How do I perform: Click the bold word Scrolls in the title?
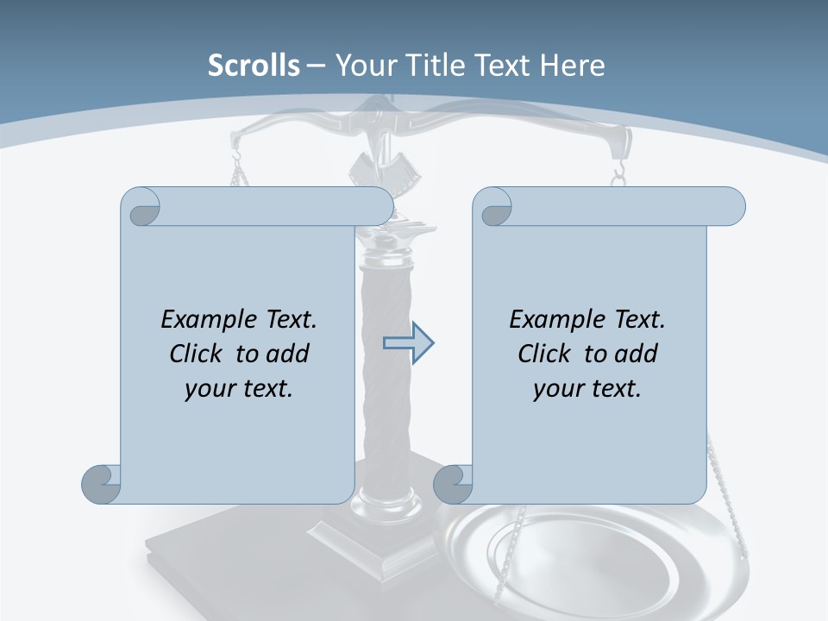(254, 66)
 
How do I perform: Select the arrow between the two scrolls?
(409, 343)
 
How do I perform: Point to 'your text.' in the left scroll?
(239, 388)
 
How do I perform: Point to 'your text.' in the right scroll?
(587, 388)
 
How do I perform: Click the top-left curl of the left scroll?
(141, 207)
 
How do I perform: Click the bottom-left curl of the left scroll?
(101, 484)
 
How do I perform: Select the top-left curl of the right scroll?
(493, 207)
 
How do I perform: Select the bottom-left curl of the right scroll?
(452, 484)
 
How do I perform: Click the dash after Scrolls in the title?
(316, 66)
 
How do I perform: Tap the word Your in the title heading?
(361, 66)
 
